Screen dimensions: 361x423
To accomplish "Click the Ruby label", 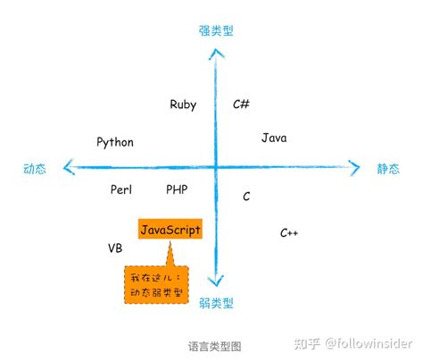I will (x=183, y=105).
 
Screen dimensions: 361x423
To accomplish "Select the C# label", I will (x=241, y=105).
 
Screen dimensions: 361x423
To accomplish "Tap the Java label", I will (x=274, y=139).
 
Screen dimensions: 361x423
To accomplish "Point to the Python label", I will (x=115, y=142).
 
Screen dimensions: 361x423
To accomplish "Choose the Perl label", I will (x=121, y=189).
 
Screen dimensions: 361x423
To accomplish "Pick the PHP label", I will (x=177, y=189).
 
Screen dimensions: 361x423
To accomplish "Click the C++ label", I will (x=289, y=233).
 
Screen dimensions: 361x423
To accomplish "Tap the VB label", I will (x=115, y=248).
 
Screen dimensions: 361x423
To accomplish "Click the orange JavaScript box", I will (x=170, y=230).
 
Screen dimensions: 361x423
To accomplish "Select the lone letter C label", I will (x=246, y=196).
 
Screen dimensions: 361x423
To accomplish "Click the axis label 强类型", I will (x=216, y=30).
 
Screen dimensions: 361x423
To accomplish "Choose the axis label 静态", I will (x=389, y=168).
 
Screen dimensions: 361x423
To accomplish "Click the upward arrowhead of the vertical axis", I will (x=216, y=52).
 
